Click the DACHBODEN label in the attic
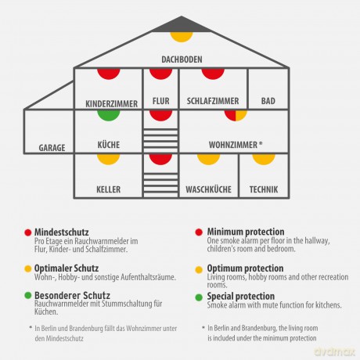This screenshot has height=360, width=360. [x=182, y=59]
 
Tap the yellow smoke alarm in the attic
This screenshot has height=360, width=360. [x=182, y=37]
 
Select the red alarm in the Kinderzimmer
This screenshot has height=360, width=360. [x=109, y=74]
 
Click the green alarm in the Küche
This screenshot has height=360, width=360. [x=109, y=116]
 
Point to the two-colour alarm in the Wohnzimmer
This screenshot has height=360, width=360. [x=236, y=116]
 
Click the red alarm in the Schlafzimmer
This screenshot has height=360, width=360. [x=213, y=74]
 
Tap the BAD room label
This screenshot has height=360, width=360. [x=268, y=101]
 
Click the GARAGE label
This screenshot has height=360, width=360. [x=52, y=148]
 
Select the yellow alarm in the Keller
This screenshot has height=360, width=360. [x=109, y=160]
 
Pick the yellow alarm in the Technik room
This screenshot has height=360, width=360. [x=264, y=160]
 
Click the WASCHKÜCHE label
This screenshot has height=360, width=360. [x=208, y=189]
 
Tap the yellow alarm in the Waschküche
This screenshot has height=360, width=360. [x=208, y=160]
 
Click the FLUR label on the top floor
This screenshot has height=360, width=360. [x=161, y=101]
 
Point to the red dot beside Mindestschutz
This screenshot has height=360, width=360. [x=28, y=232]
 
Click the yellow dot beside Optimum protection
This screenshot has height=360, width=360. [x=199, y=269]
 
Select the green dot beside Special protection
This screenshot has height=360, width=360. [x=199, y=297]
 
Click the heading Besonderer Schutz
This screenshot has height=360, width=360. [x=72, y=296]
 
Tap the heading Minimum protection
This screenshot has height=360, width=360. [x=246, y=232]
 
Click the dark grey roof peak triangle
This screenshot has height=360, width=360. [x=182, y=26]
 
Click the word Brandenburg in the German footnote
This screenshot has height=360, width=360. [x=88, y=329]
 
